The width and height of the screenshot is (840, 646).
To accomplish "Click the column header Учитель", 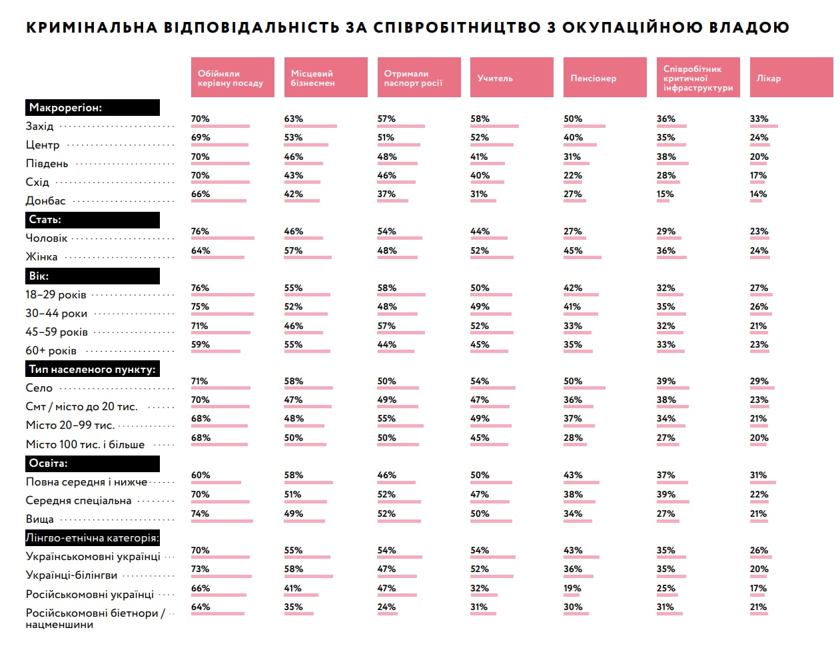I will [512, 78].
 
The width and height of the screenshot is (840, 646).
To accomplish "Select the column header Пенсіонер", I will [604, 78].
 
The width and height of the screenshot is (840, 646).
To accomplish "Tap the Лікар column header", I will [791, 78].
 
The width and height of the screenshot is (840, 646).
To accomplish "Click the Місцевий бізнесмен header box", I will [326, 78].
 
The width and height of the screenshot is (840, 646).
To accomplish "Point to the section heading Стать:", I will [45, 220].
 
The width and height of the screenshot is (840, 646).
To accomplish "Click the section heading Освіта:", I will [48, 464].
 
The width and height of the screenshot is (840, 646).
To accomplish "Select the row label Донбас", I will [45, 200].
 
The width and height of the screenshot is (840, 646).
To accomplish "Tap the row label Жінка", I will [41, 257].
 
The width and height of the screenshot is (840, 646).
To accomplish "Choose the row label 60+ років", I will [51, 351].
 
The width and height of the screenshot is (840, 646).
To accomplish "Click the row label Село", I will [39, 388].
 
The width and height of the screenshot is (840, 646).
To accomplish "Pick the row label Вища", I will [39, 519].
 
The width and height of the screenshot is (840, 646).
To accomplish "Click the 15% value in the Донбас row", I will [665, 194].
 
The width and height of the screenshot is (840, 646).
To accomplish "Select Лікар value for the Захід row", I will [759, 119].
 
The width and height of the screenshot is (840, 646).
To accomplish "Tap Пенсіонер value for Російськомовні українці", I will [572, 589].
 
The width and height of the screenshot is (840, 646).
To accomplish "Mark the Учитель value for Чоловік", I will [480, 232].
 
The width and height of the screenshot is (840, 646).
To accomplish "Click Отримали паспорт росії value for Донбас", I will [386, 194].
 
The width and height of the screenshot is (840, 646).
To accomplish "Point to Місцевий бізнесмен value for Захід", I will [293, 119].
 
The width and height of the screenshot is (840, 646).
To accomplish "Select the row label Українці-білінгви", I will [71, 575].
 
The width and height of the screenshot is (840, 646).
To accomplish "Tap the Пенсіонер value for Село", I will [572, 382].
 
